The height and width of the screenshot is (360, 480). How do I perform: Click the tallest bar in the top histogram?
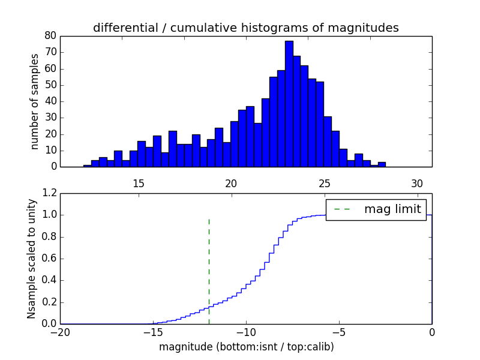point(289,104)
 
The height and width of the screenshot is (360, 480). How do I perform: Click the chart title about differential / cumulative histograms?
point(246,28)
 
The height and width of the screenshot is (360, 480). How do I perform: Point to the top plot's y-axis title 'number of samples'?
point(35,101)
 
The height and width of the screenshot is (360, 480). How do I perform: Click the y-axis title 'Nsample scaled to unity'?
point(31,258)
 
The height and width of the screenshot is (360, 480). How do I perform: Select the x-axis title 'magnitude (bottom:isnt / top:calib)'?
point(246,347)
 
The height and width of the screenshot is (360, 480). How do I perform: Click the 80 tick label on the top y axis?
point(50,36)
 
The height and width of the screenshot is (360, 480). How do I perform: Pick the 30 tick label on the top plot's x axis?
point(417,184)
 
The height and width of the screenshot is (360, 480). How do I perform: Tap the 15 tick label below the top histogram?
point(139,184)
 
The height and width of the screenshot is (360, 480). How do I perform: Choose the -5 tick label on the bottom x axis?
point(339,332)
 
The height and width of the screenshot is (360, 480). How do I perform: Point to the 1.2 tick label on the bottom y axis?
point(49,193)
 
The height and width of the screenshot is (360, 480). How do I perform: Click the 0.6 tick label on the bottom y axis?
point(49,259)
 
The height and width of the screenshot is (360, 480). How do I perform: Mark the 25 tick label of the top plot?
point(325,184)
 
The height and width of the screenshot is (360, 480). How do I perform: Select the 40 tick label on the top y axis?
point(50,101)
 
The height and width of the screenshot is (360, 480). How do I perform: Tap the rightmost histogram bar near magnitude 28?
point(382,164)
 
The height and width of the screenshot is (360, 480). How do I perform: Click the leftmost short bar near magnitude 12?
point(88,166)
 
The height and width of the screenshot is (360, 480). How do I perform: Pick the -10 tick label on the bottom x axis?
point(246,332)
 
